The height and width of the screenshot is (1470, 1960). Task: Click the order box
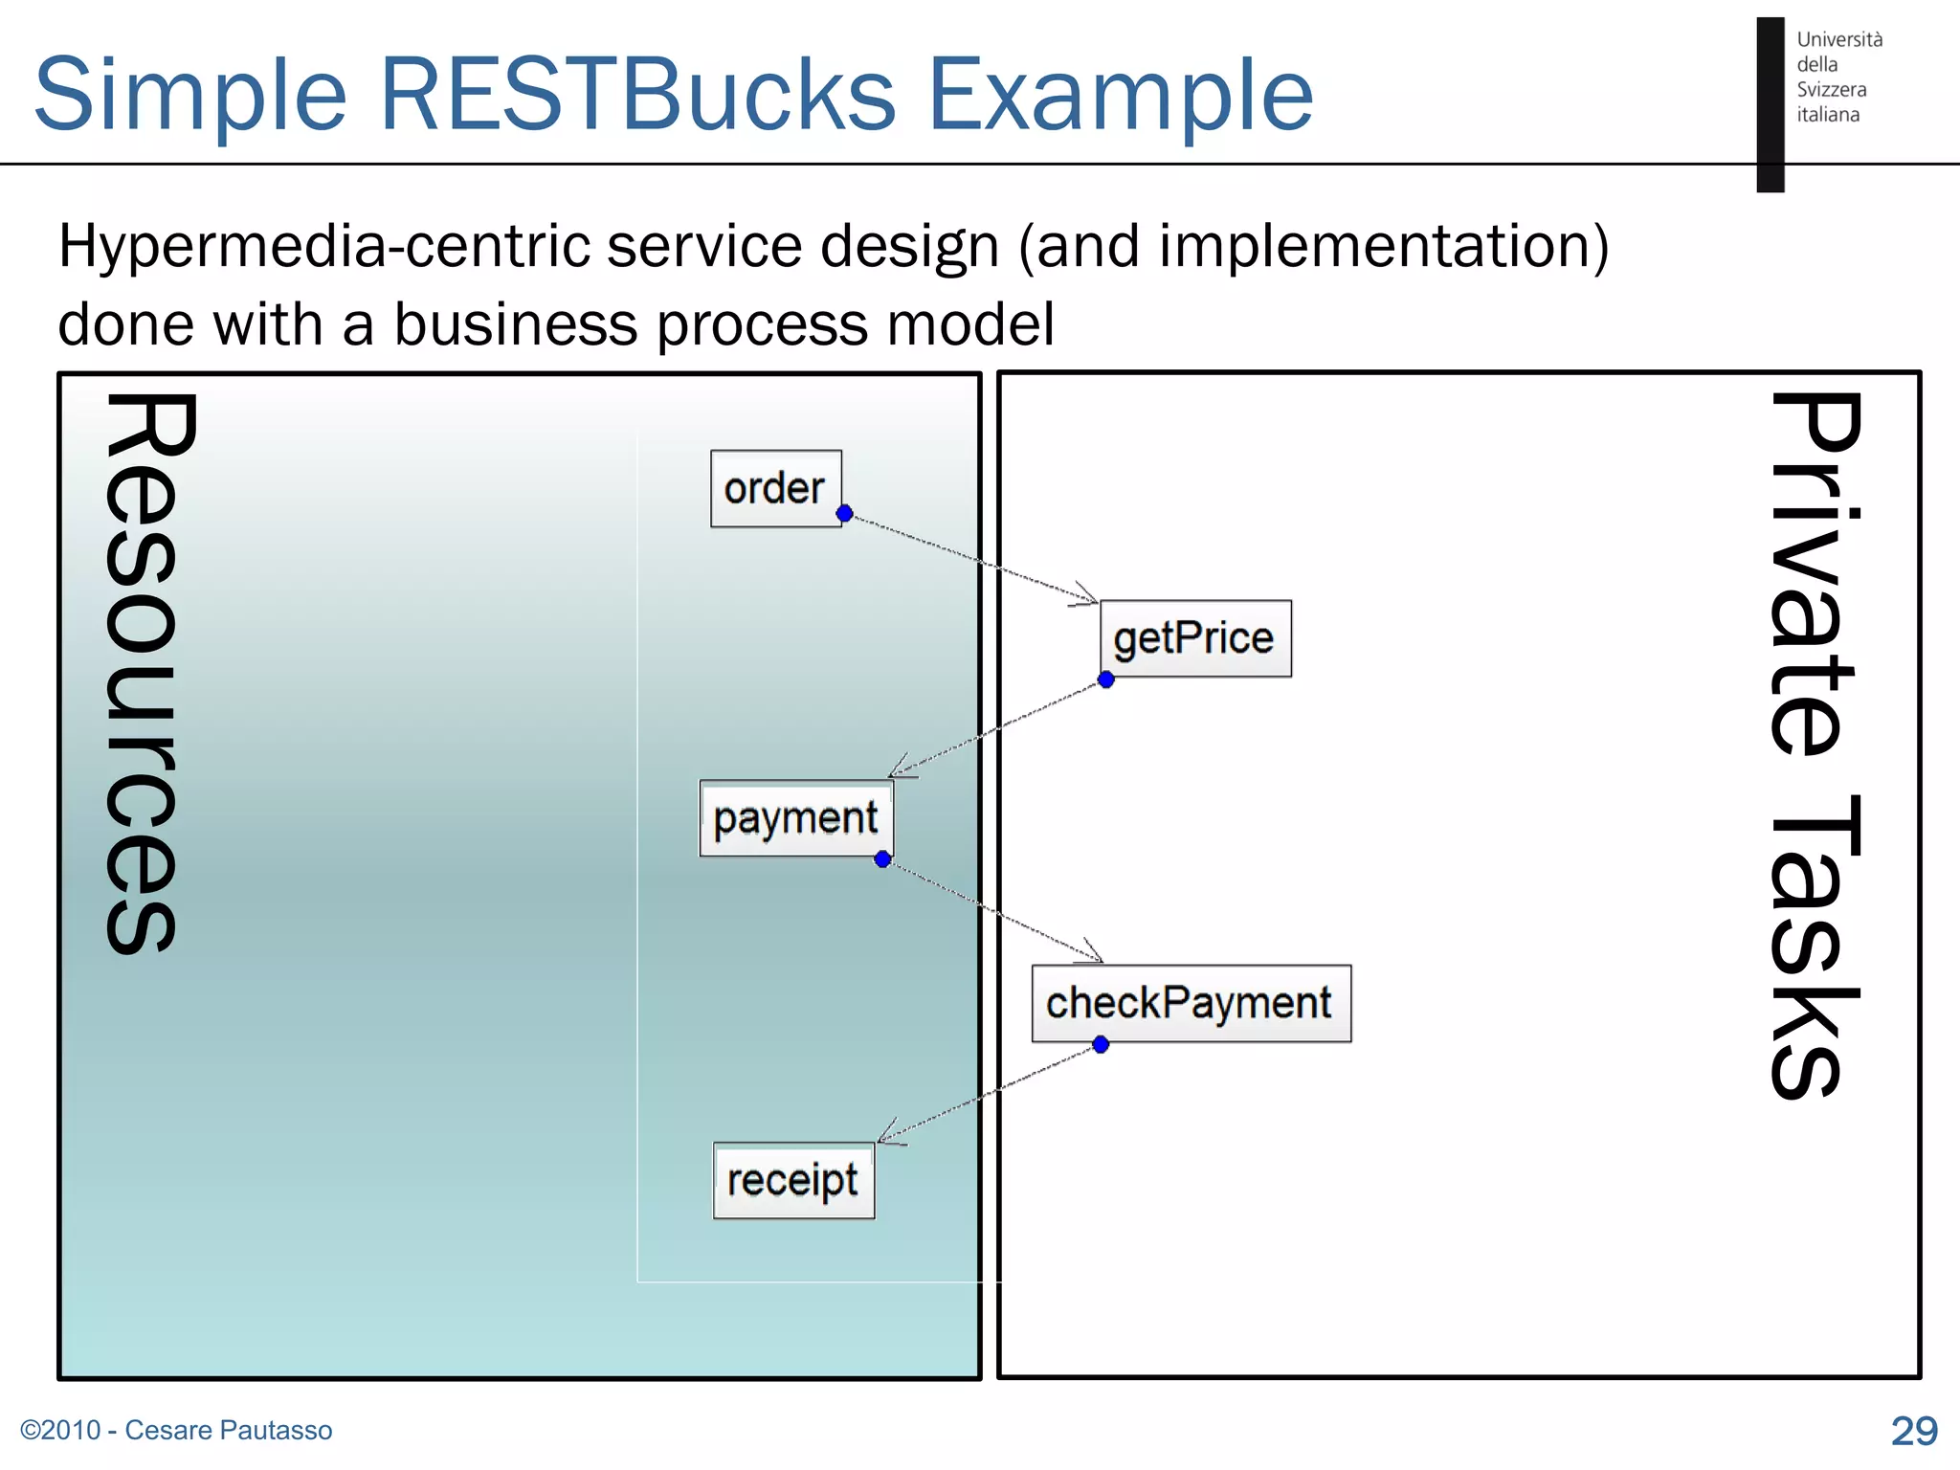coord(775,488)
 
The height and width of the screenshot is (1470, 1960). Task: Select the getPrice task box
coord(1194,638)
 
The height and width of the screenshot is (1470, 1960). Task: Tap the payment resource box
coord(795,818)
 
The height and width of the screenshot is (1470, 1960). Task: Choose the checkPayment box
coord(1190,1003)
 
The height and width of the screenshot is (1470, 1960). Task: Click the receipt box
coord(792,1180)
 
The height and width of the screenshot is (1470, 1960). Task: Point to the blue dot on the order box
coord(844,514)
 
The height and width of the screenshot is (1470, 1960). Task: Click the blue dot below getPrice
coord(1106,679)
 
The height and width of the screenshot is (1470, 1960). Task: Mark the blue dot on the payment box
coord(882,859)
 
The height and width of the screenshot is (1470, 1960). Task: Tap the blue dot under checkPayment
coord(1101,1044)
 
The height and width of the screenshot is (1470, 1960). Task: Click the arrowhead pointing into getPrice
coord(1089,598)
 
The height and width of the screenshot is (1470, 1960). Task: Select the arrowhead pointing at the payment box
coord(898,771)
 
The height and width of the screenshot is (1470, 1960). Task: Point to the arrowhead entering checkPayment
coord(1094,955)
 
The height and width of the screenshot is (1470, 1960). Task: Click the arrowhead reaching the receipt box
coord(886,1135)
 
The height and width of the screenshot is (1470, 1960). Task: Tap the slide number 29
coord(1913,1431)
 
